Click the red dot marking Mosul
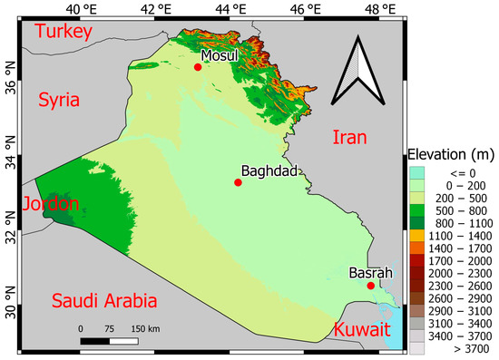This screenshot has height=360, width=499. tap(198, 66)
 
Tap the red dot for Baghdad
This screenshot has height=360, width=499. tap(238, 182)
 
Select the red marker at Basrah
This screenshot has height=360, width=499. tap(370, 286)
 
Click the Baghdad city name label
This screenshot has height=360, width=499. tap(269, 170)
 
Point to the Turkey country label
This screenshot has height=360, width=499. tap(64, 34)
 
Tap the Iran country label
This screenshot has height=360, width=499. tap(349, 138)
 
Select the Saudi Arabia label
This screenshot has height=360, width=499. tap(104, 301)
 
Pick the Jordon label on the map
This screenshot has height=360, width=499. tap(52, 203)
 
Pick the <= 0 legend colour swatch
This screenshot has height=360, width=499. tap(417, 171)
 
